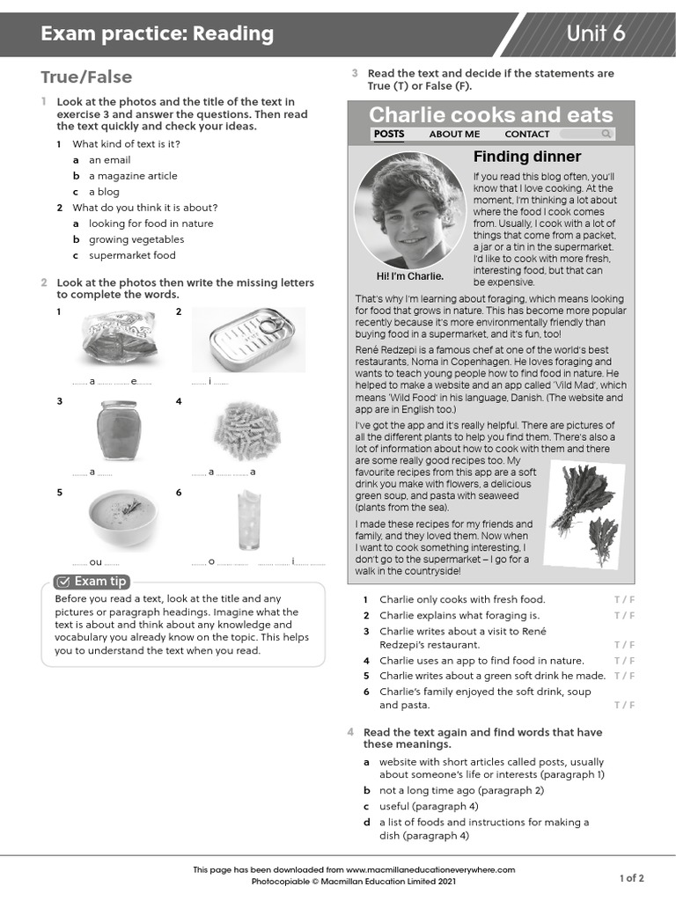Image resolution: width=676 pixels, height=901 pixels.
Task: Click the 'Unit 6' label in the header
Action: pyautogui.click(x=595, y=33)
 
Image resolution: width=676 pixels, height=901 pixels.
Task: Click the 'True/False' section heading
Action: pyautogui.click(x=86, y=77)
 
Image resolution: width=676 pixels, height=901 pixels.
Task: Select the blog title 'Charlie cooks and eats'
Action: pyautogui.click(x=490, y=114)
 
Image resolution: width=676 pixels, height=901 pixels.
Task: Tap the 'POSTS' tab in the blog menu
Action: pyautogui.click(x=389, y=134)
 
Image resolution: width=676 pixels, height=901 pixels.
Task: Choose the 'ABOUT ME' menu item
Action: pyautogui.click(x=454, y=134)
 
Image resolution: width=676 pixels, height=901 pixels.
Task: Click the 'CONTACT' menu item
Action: pyautogui.click(x=526, y=134)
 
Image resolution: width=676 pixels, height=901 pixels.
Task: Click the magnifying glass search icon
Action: pyautogui.click(x=606, y=134)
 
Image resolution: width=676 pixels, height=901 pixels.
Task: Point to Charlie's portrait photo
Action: pyautogui.click(x=408, y=210)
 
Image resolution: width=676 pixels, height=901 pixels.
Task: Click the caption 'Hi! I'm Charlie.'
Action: pyautogui.click(x=409, y=276)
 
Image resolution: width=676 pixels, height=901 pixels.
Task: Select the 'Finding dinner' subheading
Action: pyautogui.click(x=527, y=157)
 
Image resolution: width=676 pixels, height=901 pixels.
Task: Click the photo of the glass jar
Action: pyautogui.click(x=118, y=430)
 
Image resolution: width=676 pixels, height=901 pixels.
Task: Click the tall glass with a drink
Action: pyautogui.click(x=248, y=519)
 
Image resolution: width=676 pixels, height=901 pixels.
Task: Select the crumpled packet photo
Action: pyautogui.click(x=119, y=339)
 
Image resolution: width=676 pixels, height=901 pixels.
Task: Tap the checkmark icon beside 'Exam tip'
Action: pyautogui.click(x=63, y=582)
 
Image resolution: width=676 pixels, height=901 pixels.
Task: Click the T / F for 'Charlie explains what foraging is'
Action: pyautogui.click(x=624, y=615)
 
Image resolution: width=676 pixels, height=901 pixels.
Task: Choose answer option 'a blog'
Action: pyautogui.click(x=103, y=192)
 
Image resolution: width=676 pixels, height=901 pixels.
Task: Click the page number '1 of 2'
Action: pyautogui.click(x=631, y=877)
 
